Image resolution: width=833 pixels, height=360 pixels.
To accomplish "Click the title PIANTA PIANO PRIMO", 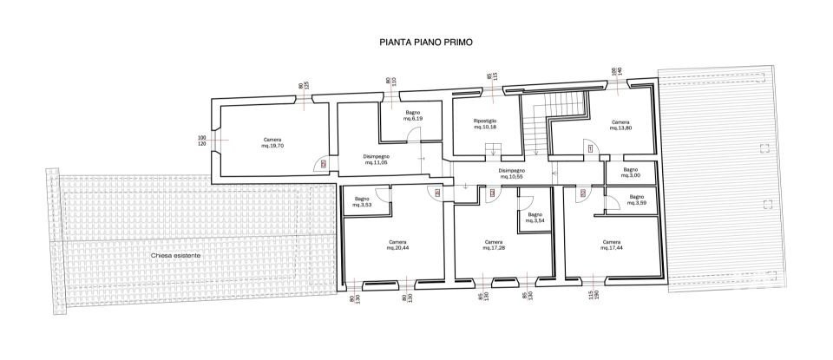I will point(425,41).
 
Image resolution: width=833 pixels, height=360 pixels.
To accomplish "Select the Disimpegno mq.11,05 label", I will point(376,159).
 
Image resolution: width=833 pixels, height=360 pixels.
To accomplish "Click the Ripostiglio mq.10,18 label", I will point(485,123).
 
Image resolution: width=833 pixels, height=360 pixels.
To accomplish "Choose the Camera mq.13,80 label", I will point(620,125).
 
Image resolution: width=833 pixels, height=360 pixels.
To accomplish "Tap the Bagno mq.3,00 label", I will point(631,172).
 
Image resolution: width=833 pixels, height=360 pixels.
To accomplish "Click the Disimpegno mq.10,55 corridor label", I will point(511,173).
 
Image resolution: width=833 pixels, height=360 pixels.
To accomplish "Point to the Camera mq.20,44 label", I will point(397,245).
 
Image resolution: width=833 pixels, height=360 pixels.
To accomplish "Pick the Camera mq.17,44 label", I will point(611,245).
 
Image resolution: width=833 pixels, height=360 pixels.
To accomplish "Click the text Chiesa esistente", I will point(176,256).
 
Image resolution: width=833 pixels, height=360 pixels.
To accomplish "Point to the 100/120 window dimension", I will point(201,141).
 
